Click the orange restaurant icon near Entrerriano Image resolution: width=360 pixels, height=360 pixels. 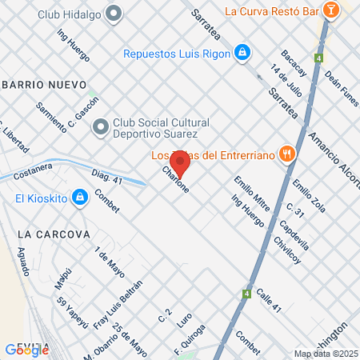(x=286, y=155)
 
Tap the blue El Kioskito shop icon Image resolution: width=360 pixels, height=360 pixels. (x=79, y=197)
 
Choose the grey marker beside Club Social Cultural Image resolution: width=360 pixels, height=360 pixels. (x=100, y=126)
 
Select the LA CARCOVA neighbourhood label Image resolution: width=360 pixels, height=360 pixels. (x=51, y=234)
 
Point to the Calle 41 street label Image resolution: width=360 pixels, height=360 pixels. (x=270, y=299)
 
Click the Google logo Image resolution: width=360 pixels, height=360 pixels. (x=26, y=349)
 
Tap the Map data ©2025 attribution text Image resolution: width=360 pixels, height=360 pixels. (x=325, y=354)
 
